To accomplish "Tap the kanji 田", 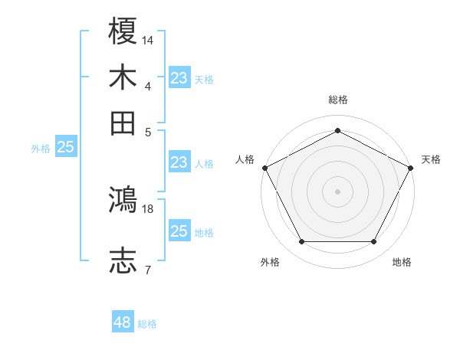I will [x=123, y=123].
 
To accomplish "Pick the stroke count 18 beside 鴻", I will [x=148, y=208].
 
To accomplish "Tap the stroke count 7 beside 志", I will [x=148, y=269].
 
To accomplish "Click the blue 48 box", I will [x=123, y=322].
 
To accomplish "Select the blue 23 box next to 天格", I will [x=179, y=78].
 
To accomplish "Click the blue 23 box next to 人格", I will [x=179, y=162].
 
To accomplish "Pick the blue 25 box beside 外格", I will [x=65, y=148].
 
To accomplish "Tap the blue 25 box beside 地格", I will [x=179, y=231].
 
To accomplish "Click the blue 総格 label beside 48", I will [x=147, y=324].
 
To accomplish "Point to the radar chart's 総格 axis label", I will [x=337, y=100].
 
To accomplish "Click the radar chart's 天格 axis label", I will [x=431, y=159].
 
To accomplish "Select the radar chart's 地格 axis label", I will [x=402, y=263].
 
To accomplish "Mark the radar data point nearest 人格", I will [x=264, y=167].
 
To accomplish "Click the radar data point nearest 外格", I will [x=301, y=242].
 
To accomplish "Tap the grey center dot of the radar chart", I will [x=337, y=191].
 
